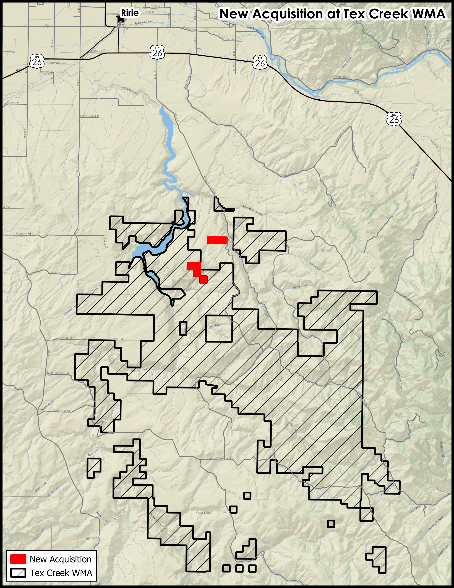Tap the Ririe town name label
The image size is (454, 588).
coord(130,13)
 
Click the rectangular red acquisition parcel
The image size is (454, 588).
coord(217,240)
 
